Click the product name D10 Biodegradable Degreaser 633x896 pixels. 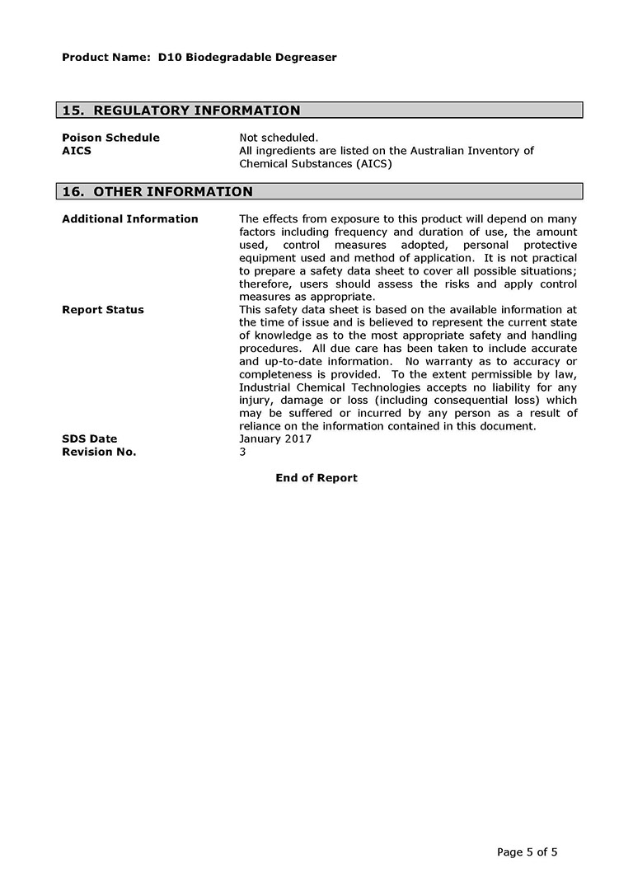tap(247, 58)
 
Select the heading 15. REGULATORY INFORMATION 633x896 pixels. tap(181, 110)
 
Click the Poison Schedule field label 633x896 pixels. tap(110, 138)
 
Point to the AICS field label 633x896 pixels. tap(77, 151)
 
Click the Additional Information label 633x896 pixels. tap(130, 219)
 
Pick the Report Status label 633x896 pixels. tap(103, 310)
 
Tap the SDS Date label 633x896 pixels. tap(90, 439)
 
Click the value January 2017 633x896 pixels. tap(275, 439)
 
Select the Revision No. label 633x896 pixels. tap(99, 452)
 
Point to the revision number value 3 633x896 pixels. tap(242, 452)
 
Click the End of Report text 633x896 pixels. tap(316, 478)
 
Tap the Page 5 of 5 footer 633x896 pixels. tap(527, 852)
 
